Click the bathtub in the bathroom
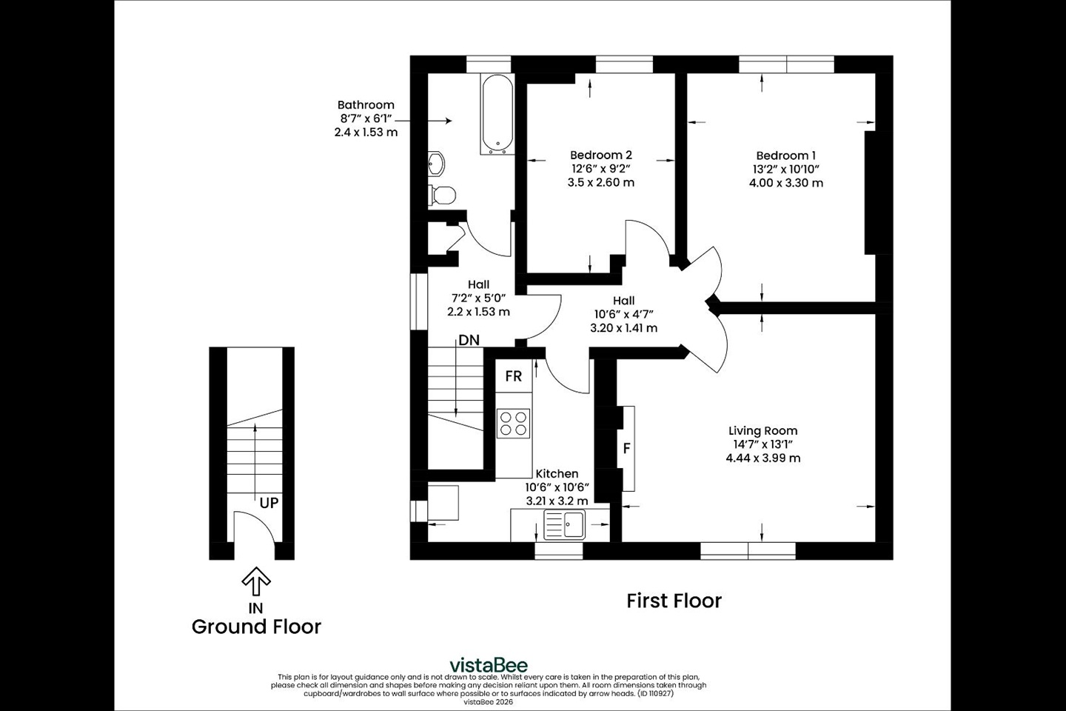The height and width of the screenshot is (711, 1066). click(x=496, y=114)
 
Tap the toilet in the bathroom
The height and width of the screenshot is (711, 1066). click(x=441, y=195)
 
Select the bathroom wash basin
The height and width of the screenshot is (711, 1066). click(x=436, y=164)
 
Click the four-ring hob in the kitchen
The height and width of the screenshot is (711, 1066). click(x=514, y=422)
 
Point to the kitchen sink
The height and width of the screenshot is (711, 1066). click(x=565, y=525)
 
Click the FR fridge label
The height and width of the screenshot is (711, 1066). click(x=514, y=376)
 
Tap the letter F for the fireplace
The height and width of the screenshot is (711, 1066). click(x=626, y=448)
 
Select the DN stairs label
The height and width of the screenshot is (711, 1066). click(x=469, y=341)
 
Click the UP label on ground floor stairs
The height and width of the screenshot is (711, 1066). click(x=269, y=503)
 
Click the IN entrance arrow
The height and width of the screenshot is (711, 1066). click(x=256, y=581)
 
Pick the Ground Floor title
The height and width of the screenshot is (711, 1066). click(x=256, y=627)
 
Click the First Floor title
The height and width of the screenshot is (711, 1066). click(x=674, y=601)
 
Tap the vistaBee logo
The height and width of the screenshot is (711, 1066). click(x=489, y=664)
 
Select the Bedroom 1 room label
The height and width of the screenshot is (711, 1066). click(x=785, y=156)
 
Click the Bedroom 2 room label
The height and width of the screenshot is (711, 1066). click(x=600, y=155)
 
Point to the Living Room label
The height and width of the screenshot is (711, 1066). click(x=762, y=430)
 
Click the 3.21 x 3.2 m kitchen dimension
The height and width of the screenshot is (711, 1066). click(x=557, y=501)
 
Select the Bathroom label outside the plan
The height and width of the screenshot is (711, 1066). click(x=366, y=105)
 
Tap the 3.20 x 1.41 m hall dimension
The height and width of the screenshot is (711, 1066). click(x=623, y=327)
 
